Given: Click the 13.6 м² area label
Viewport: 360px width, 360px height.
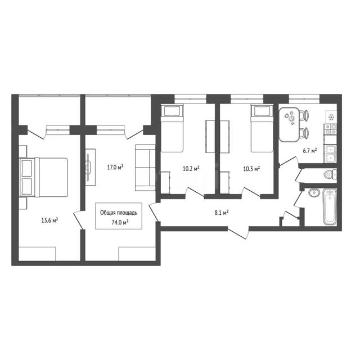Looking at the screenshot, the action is (x=49, y=220).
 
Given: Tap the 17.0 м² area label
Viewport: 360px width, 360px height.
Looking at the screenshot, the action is (x=115, y=167).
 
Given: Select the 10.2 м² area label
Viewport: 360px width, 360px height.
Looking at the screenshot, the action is (x=191, y=169).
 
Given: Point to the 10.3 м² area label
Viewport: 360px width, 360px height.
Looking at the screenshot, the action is (x=251, y=169).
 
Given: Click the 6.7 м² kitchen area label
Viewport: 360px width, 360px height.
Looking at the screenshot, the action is (x=310, y=151).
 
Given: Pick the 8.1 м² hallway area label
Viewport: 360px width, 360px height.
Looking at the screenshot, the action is (x=222, y=213).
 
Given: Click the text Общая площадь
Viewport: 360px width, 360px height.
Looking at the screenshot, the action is (x=119, y=213).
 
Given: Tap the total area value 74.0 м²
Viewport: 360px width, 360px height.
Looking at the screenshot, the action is (x=120, y=222).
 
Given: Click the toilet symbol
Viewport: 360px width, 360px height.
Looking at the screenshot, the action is (x=330, y=174).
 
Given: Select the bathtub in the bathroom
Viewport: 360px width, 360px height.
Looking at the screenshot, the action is (x=330, y=206).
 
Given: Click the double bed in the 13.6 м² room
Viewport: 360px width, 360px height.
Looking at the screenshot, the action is (x=44, y=177).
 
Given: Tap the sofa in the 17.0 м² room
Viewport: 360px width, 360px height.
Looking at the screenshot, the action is (x=145, y=168).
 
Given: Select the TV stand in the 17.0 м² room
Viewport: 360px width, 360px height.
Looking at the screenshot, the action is (x=90, y=167).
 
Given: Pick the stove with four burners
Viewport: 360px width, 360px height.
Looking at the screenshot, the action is (x=330, y=129).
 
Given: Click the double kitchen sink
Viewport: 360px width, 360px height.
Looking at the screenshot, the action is (x=330, y=154).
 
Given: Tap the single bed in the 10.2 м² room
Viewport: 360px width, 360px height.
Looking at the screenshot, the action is (x=172, y=128).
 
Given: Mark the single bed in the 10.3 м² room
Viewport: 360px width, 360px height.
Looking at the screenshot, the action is (x=262, y=128).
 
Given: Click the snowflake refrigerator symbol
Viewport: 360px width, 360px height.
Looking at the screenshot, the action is (x=331, y=118).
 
